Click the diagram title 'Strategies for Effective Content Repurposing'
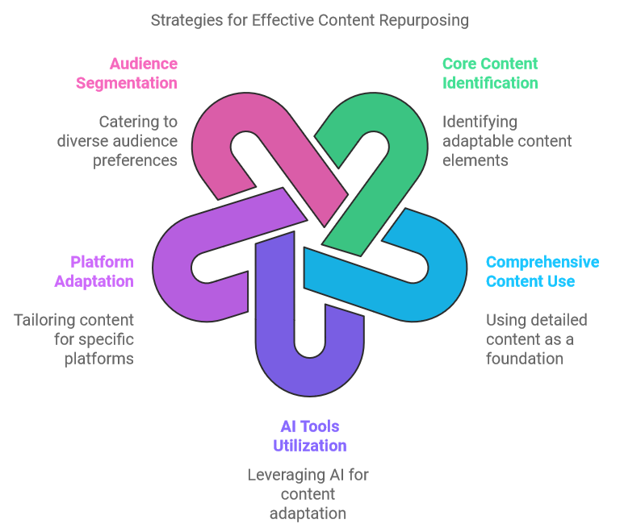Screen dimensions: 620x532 point(310,20)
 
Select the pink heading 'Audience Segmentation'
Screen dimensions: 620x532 point(127,73)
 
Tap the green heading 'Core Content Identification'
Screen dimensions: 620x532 point(490,73)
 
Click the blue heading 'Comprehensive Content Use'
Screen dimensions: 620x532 point(542,272)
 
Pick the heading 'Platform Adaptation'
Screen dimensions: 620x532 point(94,272)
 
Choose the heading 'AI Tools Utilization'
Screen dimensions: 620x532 point(310,436)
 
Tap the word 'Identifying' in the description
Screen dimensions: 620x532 point(480,122)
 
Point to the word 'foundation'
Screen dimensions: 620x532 point(524,359)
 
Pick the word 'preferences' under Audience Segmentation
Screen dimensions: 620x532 point(135,161)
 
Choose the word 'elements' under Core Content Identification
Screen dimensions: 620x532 point(475,160)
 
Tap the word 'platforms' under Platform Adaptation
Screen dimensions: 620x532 point(98,360)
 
